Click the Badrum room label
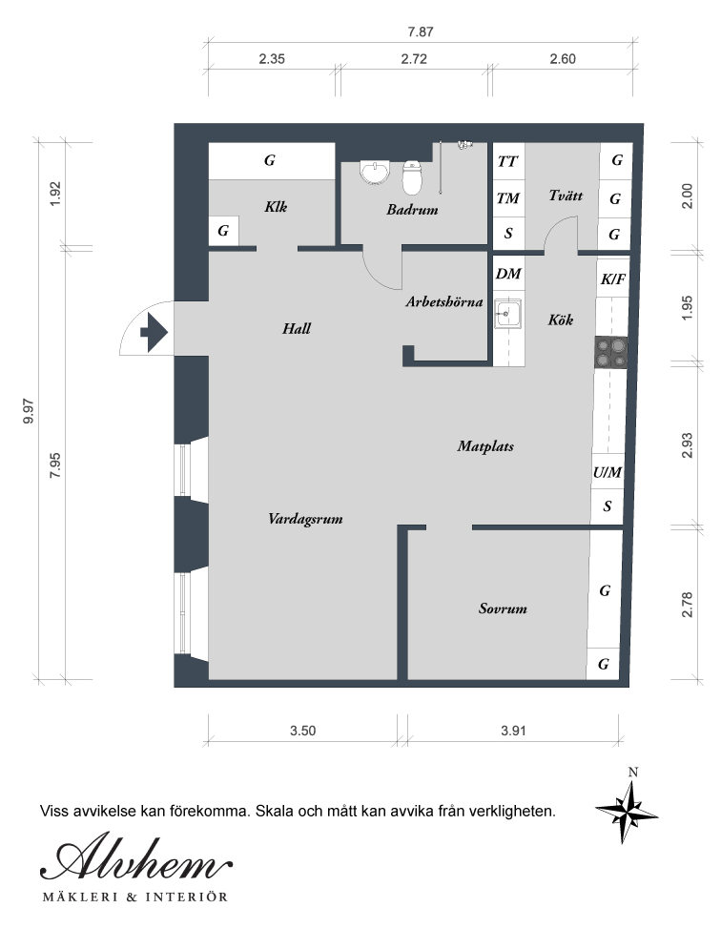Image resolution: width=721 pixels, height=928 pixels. pos(412,210)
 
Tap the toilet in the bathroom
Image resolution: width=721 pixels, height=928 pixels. pos(412,176)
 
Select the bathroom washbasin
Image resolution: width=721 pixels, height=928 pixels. pos(375,173)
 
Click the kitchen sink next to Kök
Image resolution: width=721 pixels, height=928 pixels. pos(508,313)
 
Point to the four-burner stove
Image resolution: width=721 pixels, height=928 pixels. pos(611,352)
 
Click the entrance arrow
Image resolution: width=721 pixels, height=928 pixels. pos(154,332)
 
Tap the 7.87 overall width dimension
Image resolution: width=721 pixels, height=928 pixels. pos(420,32)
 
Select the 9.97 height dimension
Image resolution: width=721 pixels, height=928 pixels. pos(28,411)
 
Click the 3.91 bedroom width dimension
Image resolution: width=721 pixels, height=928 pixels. pos(513,731)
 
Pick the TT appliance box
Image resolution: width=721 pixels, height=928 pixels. pos(508,161)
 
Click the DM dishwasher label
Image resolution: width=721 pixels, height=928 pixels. pos(508,274)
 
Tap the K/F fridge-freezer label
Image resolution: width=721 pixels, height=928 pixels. pos(613,278)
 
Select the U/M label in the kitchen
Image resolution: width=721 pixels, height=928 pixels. pos(608,472)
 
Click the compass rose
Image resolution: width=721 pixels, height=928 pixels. pos(627,811)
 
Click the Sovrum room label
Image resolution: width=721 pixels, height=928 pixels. pos(503,608)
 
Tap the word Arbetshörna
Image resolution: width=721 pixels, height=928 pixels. pos(444,301)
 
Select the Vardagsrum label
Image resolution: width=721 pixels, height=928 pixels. pos(305,519)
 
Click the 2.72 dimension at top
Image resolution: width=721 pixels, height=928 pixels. pos(414,58)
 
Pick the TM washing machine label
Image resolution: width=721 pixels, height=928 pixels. pos(508,198)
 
